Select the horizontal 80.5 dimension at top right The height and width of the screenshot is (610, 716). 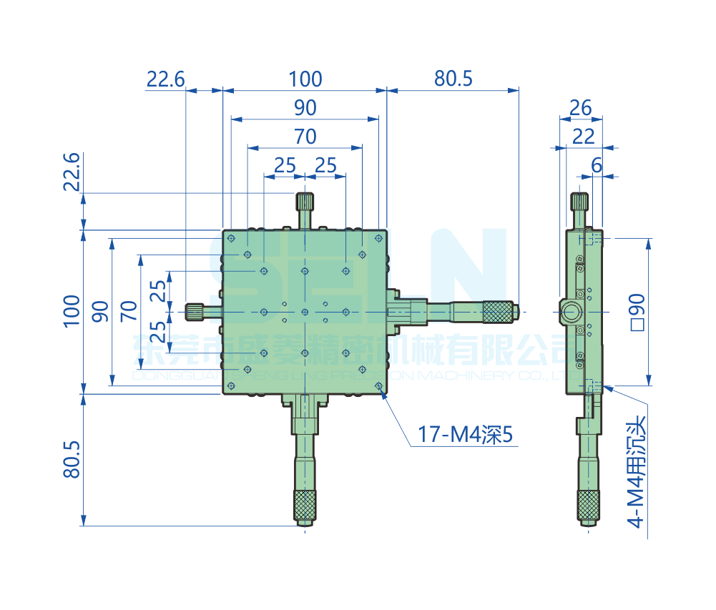pyautogui.click(x=453, y=79)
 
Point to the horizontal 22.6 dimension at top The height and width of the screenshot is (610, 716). pyautogui.click(x=165, y=79)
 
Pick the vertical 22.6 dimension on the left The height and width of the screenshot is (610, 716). pyautogui.click(x=72, y=174)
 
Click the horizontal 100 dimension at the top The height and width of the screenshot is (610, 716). pyautogui.click(x=305, y=79)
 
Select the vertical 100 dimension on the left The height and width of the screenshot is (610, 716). pyautogui.click(x=72, y=310)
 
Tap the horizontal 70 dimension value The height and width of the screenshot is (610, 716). pyautogui.click(x=305, y=136)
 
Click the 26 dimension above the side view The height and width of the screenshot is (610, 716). pyautogui.click(x=580, y=108)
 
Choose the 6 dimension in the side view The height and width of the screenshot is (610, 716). pyautogui.click(x=596, y=164)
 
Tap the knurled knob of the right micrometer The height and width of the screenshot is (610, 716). pyautogui.click(x=498, y=312)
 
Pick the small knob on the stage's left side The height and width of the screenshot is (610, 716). pyautogui.click(x=194, y=312)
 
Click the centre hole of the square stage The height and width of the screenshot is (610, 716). pyautogui.click(x=305, y=312)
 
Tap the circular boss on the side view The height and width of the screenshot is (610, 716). pyautogui.click(x=571, y=312)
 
